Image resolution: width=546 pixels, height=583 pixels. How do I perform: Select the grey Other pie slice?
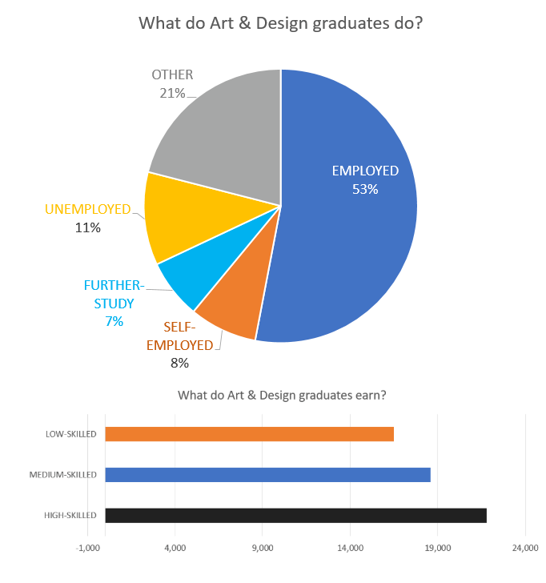tap(224, 136)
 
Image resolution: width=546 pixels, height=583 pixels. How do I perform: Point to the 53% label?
tap(365, 190)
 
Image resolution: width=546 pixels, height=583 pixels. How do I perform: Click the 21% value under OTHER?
tap(172, 93)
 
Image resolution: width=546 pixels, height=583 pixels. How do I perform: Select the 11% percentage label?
tap(88, 227)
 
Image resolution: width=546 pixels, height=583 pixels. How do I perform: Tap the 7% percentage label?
tap(114, 321)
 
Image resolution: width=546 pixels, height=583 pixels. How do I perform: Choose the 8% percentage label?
tap(179, 363)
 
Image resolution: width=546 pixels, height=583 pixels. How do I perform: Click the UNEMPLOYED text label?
tap(87, 209)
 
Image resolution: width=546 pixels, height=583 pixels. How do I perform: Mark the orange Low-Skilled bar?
tap(249, 434)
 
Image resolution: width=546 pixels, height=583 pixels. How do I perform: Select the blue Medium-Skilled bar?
tap(267, 475)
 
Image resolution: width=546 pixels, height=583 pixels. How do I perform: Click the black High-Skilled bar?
tap(295, 516)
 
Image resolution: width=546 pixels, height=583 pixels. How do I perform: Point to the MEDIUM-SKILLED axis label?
tap(62, 475)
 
